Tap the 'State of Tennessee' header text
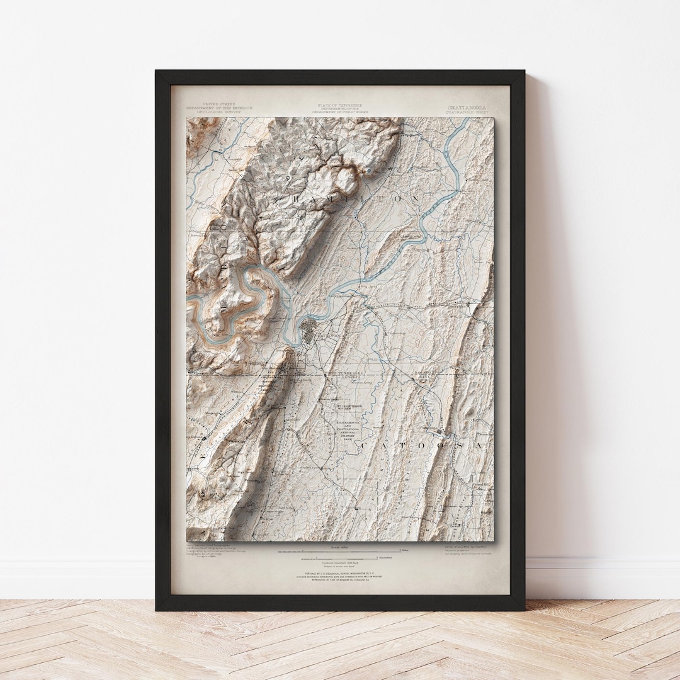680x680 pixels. (x=340, y=105)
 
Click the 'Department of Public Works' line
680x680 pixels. (x=340, y=112)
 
